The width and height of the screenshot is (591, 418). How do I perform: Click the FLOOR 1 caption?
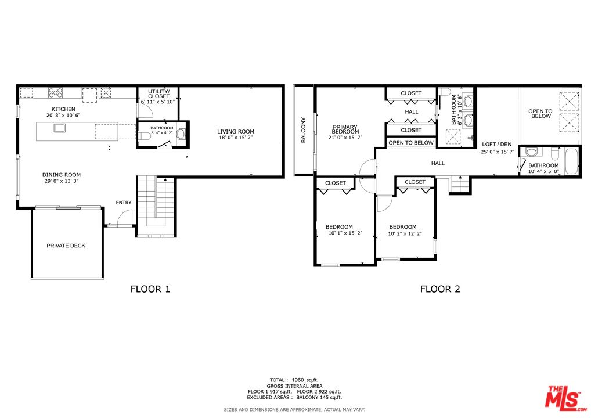coord(150,289)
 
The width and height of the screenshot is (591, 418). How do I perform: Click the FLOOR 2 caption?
coord(440,289)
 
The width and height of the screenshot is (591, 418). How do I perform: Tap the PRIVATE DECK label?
coord(66,246)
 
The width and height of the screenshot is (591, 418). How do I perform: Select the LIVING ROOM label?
coord(236,132)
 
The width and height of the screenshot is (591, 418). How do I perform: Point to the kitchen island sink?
coord(60,128)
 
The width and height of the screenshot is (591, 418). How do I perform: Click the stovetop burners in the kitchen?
coord(55,92)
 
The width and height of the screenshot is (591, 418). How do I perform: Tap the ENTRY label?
coord(124,203)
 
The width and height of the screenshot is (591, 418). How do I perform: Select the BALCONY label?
coord(304,130)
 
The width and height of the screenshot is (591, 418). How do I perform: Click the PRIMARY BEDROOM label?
coord(345,129)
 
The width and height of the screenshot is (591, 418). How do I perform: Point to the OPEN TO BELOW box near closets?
coord(411,143)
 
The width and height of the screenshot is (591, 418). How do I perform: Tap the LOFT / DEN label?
coord(497,145)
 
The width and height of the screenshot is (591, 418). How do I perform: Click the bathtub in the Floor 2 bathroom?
coord(571,161)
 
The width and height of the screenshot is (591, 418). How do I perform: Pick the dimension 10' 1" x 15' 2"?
coord(345,233)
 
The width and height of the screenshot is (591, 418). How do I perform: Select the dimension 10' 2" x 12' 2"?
coord(405,234)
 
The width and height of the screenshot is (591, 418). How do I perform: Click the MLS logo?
coord(565,398)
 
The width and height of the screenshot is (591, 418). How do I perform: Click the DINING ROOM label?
coord(62,175)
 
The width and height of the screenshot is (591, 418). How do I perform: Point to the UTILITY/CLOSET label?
coord(158,94)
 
